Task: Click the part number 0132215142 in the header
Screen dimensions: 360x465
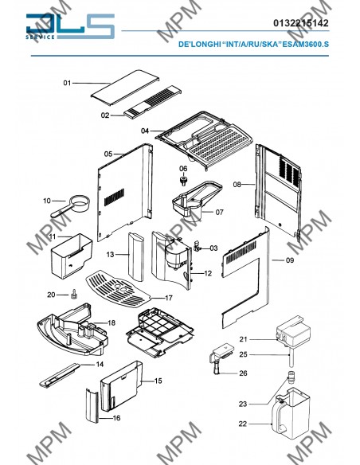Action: [x=301, y=23]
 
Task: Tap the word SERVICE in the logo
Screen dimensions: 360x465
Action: [x=40, y=37]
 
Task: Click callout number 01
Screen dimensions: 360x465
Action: [x=68, y=83]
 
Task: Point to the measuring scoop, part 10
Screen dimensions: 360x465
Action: [x=71, y=205]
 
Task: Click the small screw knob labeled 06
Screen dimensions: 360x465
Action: [x=183, y=181]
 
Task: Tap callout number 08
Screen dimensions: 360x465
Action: [x=237, y=185]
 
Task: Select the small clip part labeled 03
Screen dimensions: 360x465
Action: [x=196, y=246]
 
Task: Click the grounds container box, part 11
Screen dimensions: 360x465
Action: [x=72, y=256]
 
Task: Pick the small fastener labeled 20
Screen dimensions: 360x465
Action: [x=73, y=295]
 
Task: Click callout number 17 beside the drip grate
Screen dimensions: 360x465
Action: [x=169, y=298]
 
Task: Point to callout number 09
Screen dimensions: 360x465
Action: [x=290, y=260]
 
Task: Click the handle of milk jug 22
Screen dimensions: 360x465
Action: [x=280, y=415]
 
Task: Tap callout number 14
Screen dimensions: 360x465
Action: [x=100, y=364]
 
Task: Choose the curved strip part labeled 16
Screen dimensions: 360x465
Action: [x=92, y=405]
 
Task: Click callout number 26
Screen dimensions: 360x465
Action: [x=243, y=373]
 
